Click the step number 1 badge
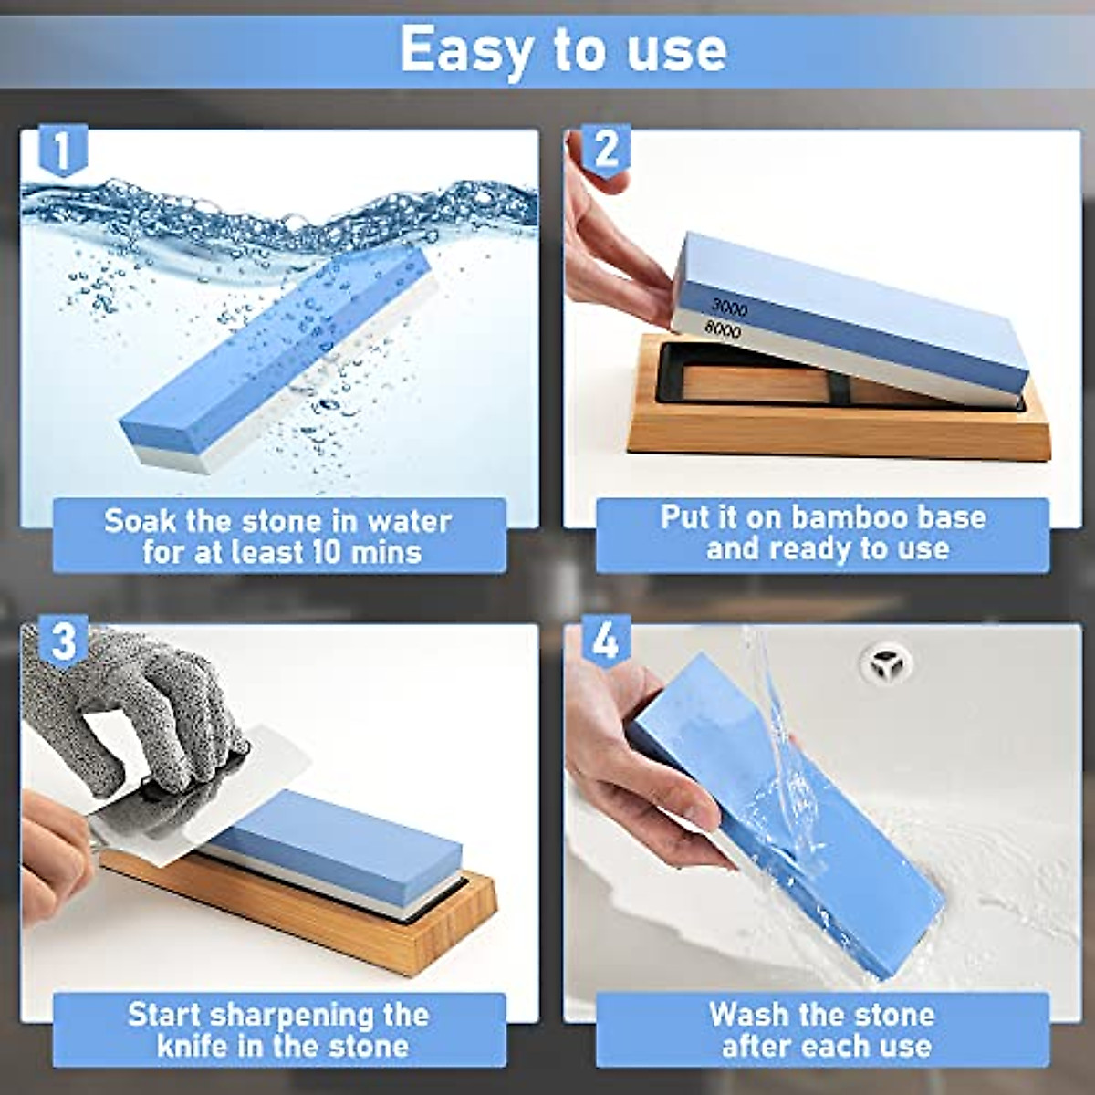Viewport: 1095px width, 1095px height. coord(61,151)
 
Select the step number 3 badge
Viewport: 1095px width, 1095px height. coord(62,641)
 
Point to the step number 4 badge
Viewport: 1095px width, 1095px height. coord(605,641)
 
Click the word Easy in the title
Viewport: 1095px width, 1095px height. coord(465,49)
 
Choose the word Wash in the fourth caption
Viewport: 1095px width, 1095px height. coord(748,1014)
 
